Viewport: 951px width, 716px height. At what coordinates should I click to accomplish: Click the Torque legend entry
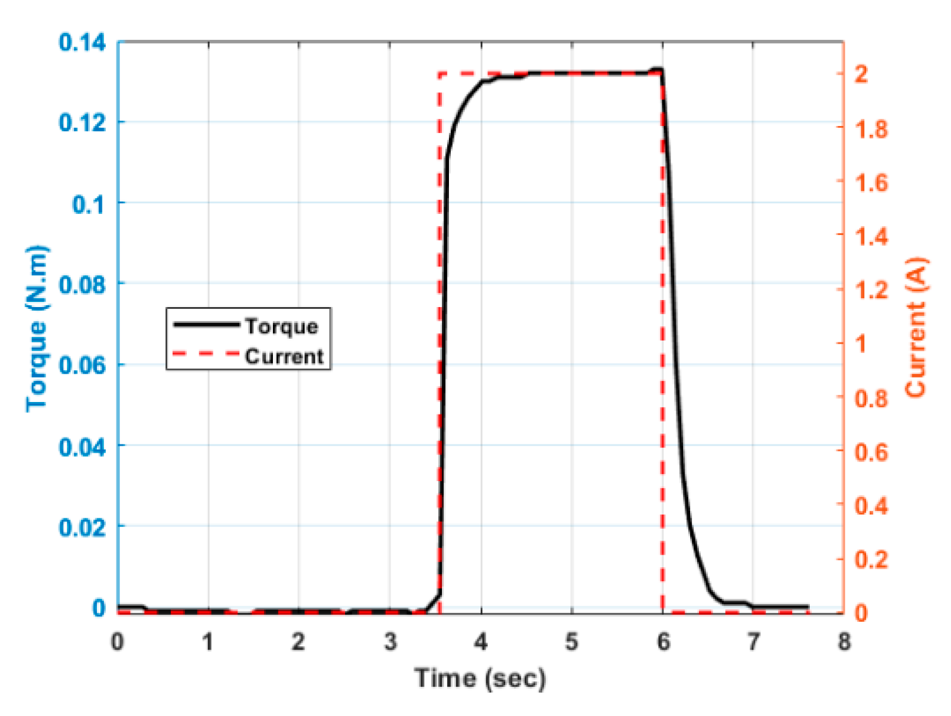(281, 326)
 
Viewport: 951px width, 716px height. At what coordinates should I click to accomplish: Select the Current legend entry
(284, 356)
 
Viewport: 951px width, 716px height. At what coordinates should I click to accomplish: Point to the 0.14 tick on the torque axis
(82, 42)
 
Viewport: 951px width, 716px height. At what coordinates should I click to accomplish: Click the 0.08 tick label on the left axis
(82, 284)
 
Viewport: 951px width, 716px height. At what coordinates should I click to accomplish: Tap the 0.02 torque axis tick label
(82, 527)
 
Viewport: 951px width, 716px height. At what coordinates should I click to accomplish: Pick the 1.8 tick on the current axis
(871, 129)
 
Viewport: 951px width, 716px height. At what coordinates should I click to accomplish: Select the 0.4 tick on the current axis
(871, 505)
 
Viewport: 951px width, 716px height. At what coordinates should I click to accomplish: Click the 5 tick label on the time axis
(572, 642)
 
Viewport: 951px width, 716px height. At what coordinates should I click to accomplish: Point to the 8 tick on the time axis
(844, 642)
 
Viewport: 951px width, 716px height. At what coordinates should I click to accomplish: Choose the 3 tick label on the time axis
(391, 642)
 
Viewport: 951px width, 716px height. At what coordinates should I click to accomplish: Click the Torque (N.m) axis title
(37, 328)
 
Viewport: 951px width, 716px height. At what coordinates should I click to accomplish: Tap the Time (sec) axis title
(480, 679)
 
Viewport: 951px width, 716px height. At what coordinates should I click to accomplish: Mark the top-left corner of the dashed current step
(439, 74)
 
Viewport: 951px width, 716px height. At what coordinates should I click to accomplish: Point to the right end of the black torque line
(807, 607)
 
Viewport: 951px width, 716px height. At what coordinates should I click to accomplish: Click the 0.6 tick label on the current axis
(871, 452)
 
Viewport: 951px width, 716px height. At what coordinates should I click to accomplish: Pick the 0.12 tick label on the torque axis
(82, 123)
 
